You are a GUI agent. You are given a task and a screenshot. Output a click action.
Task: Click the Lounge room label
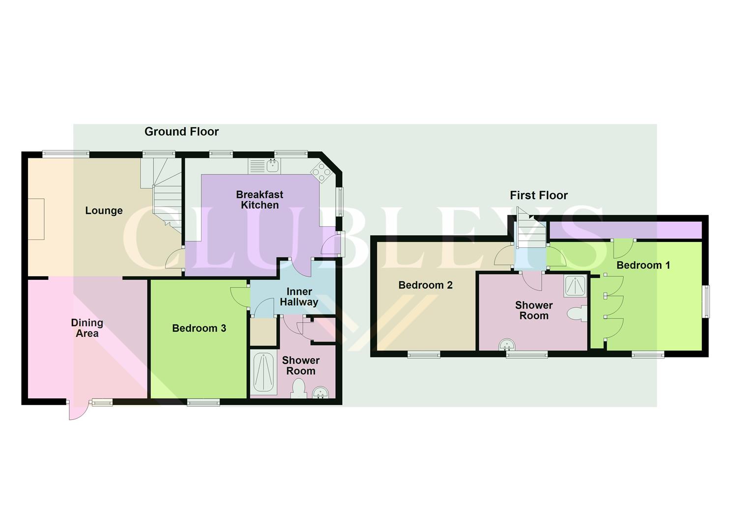(x=104, y=211)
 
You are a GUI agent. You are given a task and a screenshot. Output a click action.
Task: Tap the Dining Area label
(x=87, y=328)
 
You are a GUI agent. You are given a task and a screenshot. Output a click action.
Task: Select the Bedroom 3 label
(x=199, y=328)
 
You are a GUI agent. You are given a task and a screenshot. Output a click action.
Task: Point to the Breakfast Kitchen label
(x=260, y=200)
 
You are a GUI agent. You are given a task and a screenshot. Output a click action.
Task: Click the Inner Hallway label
(x=299, y=297)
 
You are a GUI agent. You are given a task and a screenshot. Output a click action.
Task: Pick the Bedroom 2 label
(x=425, y=285)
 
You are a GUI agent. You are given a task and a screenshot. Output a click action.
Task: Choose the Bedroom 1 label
(x=643, y=265)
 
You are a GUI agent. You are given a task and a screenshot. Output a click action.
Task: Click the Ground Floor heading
(x=181, y=132)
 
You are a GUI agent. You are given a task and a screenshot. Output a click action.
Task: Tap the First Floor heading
(x=539, y=196)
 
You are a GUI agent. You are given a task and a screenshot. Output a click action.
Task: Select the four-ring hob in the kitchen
(x=321, y=172)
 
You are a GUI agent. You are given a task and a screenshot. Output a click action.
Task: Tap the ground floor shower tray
(x=264, y=372)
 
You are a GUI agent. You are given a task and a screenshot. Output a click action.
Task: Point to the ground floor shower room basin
(x=320, y=393)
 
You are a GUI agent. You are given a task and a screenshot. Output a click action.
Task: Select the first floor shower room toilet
(x=577, y=314)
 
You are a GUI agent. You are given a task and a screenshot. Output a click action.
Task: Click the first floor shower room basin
(x=506, y=345)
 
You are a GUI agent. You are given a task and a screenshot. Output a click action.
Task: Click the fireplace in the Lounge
(x=36, y=219)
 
